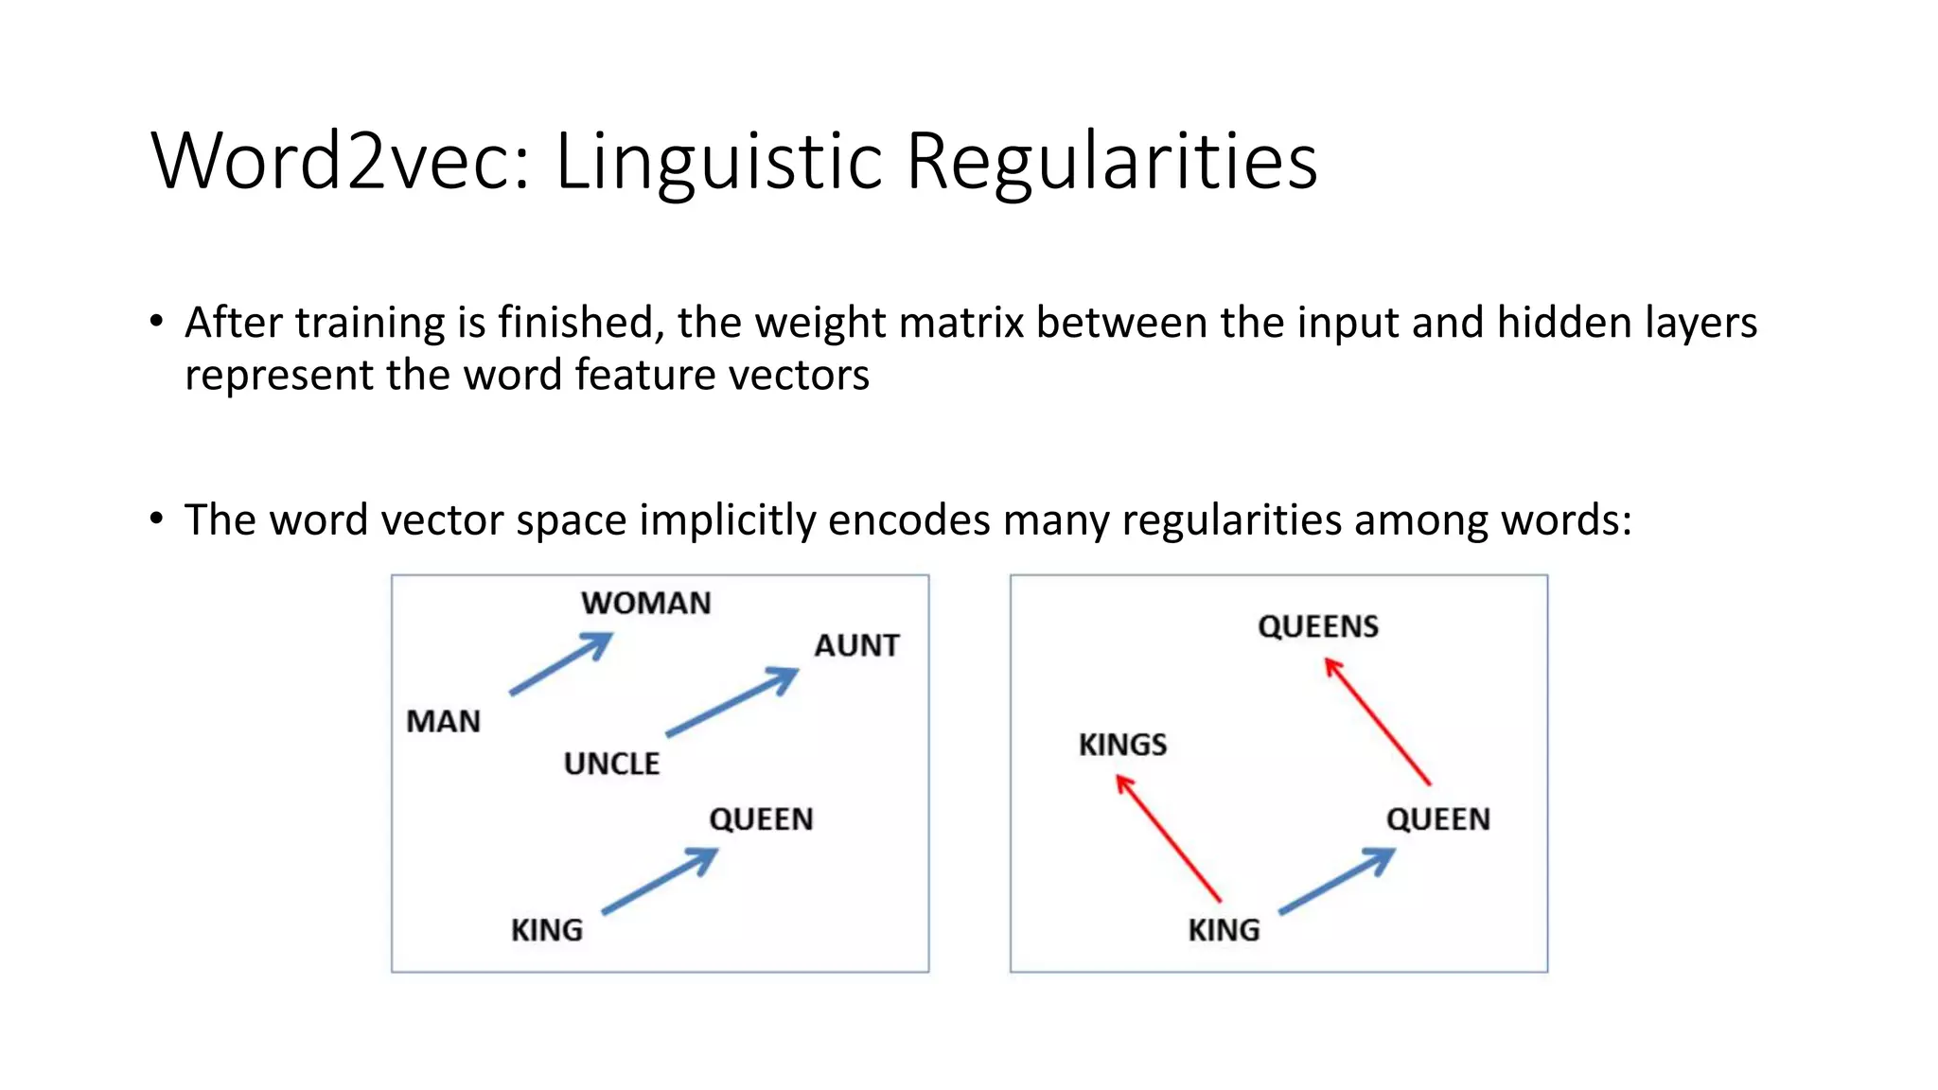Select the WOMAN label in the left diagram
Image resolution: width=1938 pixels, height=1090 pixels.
pyautogui.click(x=646, y=604)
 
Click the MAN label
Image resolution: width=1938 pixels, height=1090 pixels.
pyautogui.click(x=443, y=722)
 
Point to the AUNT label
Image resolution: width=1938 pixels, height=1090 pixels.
pyautogui.click(x=856, y=646)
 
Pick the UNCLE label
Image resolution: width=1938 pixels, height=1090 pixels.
pyautogui.click(x=611, y=764)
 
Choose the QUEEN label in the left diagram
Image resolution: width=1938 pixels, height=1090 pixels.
pyautogui.click(x=761, y=819)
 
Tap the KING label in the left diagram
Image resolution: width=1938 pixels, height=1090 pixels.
pyautogui.click(x=547, y=930)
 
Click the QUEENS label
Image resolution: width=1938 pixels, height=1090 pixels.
pyautogui.click(x=1318, y=626)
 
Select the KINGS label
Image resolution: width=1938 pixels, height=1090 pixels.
pyautogui.click(x=1122, y=745)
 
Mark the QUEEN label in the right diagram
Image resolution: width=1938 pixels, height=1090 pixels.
pyautogui.click(x=1438, y=819)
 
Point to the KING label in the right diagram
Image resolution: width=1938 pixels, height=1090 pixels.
pyautogui.click(x=1224, y=930)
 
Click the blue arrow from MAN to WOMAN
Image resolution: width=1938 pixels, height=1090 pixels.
pyautogui.click(x=560, y=664)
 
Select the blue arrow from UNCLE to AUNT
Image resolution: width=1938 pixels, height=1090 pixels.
pyautogui.click(x=731, y=702)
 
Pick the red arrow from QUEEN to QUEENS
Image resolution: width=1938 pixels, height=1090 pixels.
pyautogui.click(x=1377, y=721)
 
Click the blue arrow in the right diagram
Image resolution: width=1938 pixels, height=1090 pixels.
pyautogui.click(x=1336, y=881)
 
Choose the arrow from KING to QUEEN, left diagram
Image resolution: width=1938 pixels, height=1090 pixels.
pyautogui.click(x=660, y=881)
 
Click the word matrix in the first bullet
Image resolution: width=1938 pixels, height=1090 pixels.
pyautogui.click(x=963, y=323)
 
